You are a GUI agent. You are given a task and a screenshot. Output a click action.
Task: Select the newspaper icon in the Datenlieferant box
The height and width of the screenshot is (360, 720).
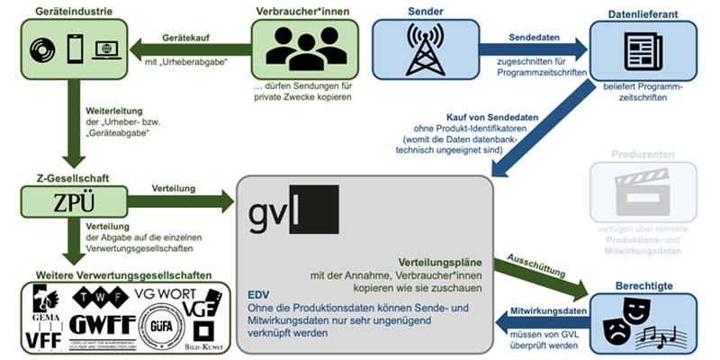pos(643,47)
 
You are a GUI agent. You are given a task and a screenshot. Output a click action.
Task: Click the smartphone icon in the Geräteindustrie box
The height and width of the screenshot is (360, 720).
pos(75,48)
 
